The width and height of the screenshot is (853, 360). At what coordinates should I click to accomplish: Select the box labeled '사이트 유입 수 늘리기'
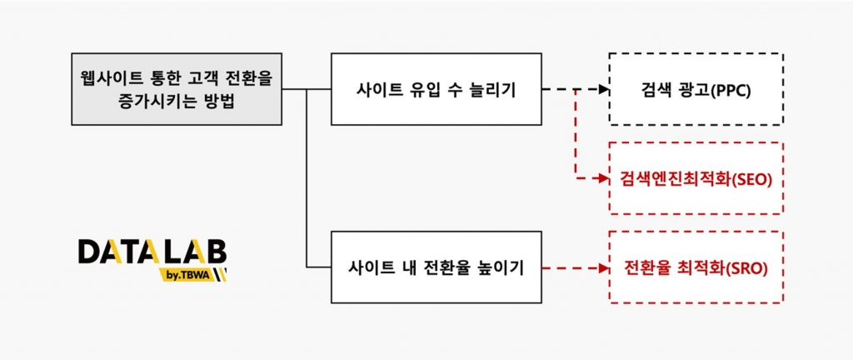(x=436, y=89)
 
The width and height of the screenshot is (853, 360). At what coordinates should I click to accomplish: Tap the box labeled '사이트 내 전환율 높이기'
(x=436, y=267)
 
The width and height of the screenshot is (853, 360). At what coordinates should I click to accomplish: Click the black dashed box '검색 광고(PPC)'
(x=696, y=89)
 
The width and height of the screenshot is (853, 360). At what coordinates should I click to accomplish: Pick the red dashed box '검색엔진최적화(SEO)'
(x=696, y=178)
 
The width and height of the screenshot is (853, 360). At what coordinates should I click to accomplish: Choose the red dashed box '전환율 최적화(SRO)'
(x=696, y=267)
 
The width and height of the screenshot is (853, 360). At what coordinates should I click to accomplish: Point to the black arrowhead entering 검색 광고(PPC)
(x=604, y=89)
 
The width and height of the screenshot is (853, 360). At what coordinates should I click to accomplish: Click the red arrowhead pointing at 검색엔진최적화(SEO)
(x=604, y=178)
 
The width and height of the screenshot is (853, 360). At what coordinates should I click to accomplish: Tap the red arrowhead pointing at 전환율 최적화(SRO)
(x=604, y=267)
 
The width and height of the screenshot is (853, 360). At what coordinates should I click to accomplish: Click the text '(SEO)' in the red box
(x=752, y=179)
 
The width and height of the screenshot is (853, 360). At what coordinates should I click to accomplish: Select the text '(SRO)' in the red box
(x=746, y=268)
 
